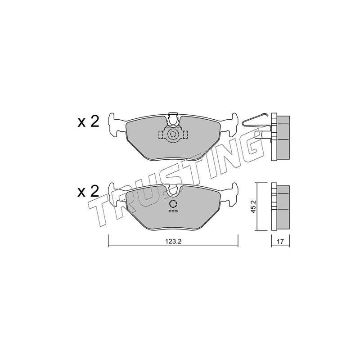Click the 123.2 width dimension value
pyautogui.click(x=173, y=241)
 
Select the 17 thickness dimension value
pyautogui.click(x=280, y=241)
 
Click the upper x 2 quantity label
pyautogui.click(x=88, y=121)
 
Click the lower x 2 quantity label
pyautogui.click(x=88, y=191)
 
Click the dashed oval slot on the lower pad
pyautogui.click(x=173, y=211)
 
